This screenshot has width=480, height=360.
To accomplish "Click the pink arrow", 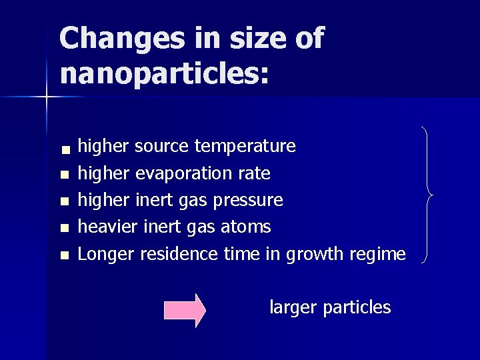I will coord(185,310).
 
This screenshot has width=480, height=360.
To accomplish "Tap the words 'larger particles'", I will coord(330,307).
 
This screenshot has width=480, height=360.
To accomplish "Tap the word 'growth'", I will coord(312,255).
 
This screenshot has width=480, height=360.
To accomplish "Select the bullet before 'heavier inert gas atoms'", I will coord(63,229).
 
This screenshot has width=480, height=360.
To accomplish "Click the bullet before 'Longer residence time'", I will coord(63,255).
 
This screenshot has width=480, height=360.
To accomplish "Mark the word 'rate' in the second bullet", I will coord(255,174).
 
